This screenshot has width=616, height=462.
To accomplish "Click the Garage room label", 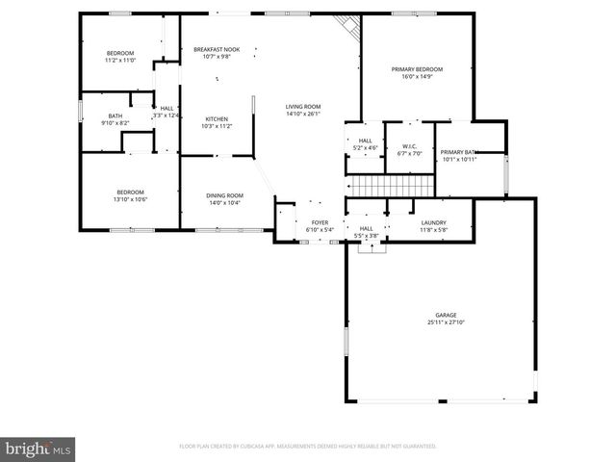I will (x=445, y=315).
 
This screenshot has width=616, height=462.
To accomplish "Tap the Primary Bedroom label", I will (x=417, y=70).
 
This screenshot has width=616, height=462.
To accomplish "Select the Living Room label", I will (x=302, y=107).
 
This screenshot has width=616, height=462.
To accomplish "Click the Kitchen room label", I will (x=217, y=119).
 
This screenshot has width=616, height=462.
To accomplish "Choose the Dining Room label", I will (x=224, y=195).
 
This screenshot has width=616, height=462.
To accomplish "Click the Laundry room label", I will (x=433, y=223).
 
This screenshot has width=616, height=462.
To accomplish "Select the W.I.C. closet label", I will (x=409, y=146).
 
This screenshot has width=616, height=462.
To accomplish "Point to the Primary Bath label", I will (x=458, y=152).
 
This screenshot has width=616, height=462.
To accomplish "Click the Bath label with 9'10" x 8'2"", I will (x=115, y=116).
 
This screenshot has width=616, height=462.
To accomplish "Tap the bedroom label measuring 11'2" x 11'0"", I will (x=120, y=53).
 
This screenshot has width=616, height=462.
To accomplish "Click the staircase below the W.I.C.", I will (x=386, y=185).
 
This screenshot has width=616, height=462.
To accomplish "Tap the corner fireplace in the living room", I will (x=346, y=27).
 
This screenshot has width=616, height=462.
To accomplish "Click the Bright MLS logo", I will (x=38, y=449).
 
